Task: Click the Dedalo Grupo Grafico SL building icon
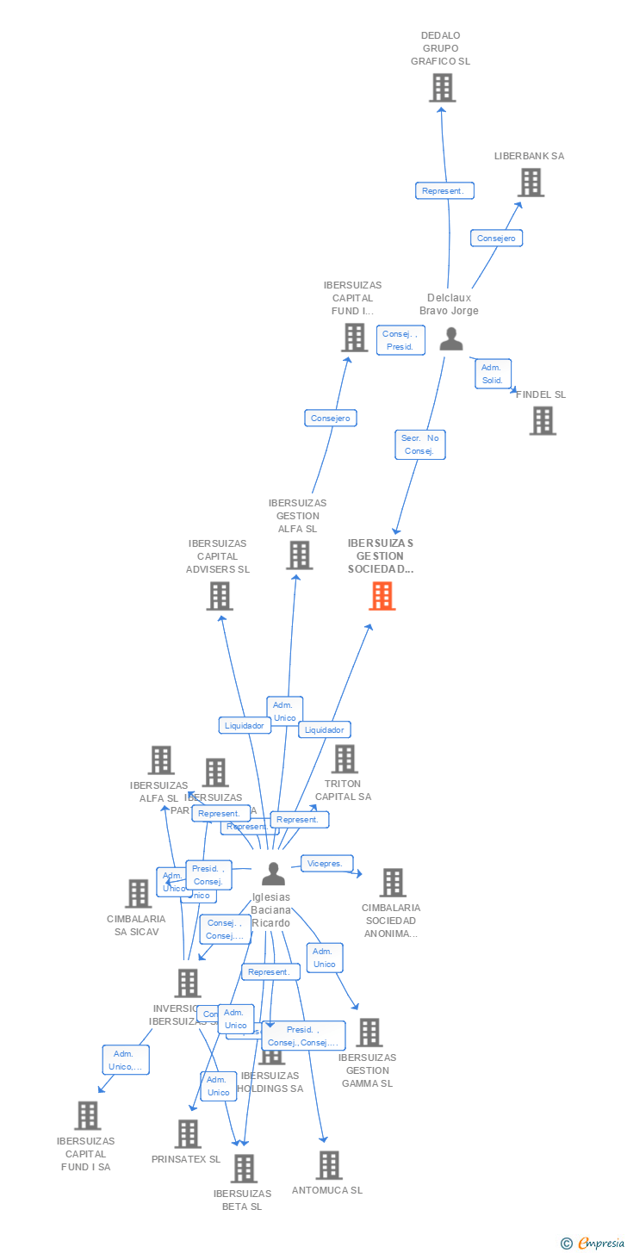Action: [442, 88]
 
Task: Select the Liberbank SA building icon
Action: [531, 183]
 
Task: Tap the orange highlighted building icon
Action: [382, 596]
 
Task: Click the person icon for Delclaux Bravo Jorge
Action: [450, 339]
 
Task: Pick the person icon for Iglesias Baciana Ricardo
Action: [273, 874]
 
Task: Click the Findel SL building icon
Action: [543, 421]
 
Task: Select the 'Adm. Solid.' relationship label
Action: [493, 374]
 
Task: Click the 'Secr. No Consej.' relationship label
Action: [420, 444]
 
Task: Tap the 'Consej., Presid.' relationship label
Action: [400, 340]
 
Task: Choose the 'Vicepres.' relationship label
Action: [326, 863]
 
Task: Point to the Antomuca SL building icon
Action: [328, 1165]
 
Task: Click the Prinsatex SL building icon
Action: [188, 1134]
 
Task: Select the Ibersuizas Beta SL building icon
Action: [245, 1169]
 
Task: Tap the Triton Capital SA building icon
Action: [345, 759]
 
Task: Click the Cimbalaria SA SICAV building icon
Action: [138, 894]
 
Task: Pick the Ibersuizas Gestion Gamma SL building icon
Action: [369, 1033]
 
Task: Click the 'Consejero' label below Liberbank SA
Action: [496, 238]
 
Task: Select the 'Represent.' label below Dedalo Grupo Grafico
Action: [444, 191]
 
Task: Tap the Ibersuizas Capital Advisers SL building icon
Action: [220, 596]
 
